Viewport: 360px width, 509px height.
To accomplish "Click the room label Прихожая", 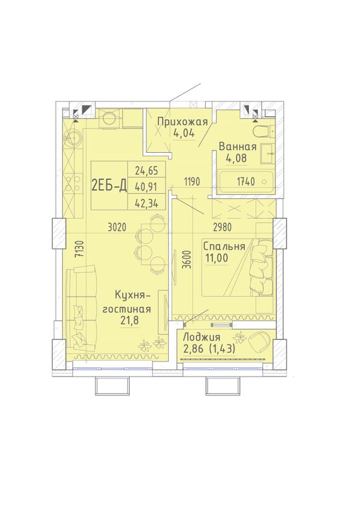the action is click(x=182, y=122).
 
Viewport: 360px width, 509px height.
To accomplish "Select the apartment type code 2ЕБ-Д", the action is click(x=109, y=186).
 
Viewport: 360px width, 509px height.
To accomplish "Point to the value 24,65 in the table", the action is click(x=146, y=170).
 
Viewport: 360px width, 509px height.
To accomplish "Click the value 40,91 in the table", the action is click(x=146, y=186).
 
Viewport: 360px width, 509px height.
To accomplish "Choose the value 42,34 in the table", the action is click(x=146, y=203).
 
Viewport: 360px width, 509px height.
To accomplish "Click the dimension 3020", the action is click(x=116, y=227).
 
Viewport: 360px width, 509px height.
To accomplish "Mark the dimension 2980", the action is click(x=222, y=227).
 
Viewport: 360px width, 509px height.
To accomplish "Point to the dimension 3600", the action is click(x=186, y=260).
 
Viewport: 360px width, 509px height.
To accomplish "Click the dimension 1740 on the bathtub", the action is click(x=245, y=182).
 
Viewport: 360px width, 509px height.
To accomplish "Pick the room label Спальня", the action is click(x=224, y=247).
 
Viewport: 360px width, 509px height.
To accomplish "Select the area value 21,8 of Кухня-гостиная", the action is click(x=130, y=321).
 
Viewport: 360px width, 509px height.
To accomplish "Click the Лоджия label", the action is click(x=202, y=338).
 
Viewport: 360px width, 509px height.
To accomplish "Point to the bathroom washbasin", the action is click(x=267, y=152).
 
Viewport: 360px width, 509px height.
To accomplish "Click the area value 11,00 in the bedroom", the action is click(x=217, y=258).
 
